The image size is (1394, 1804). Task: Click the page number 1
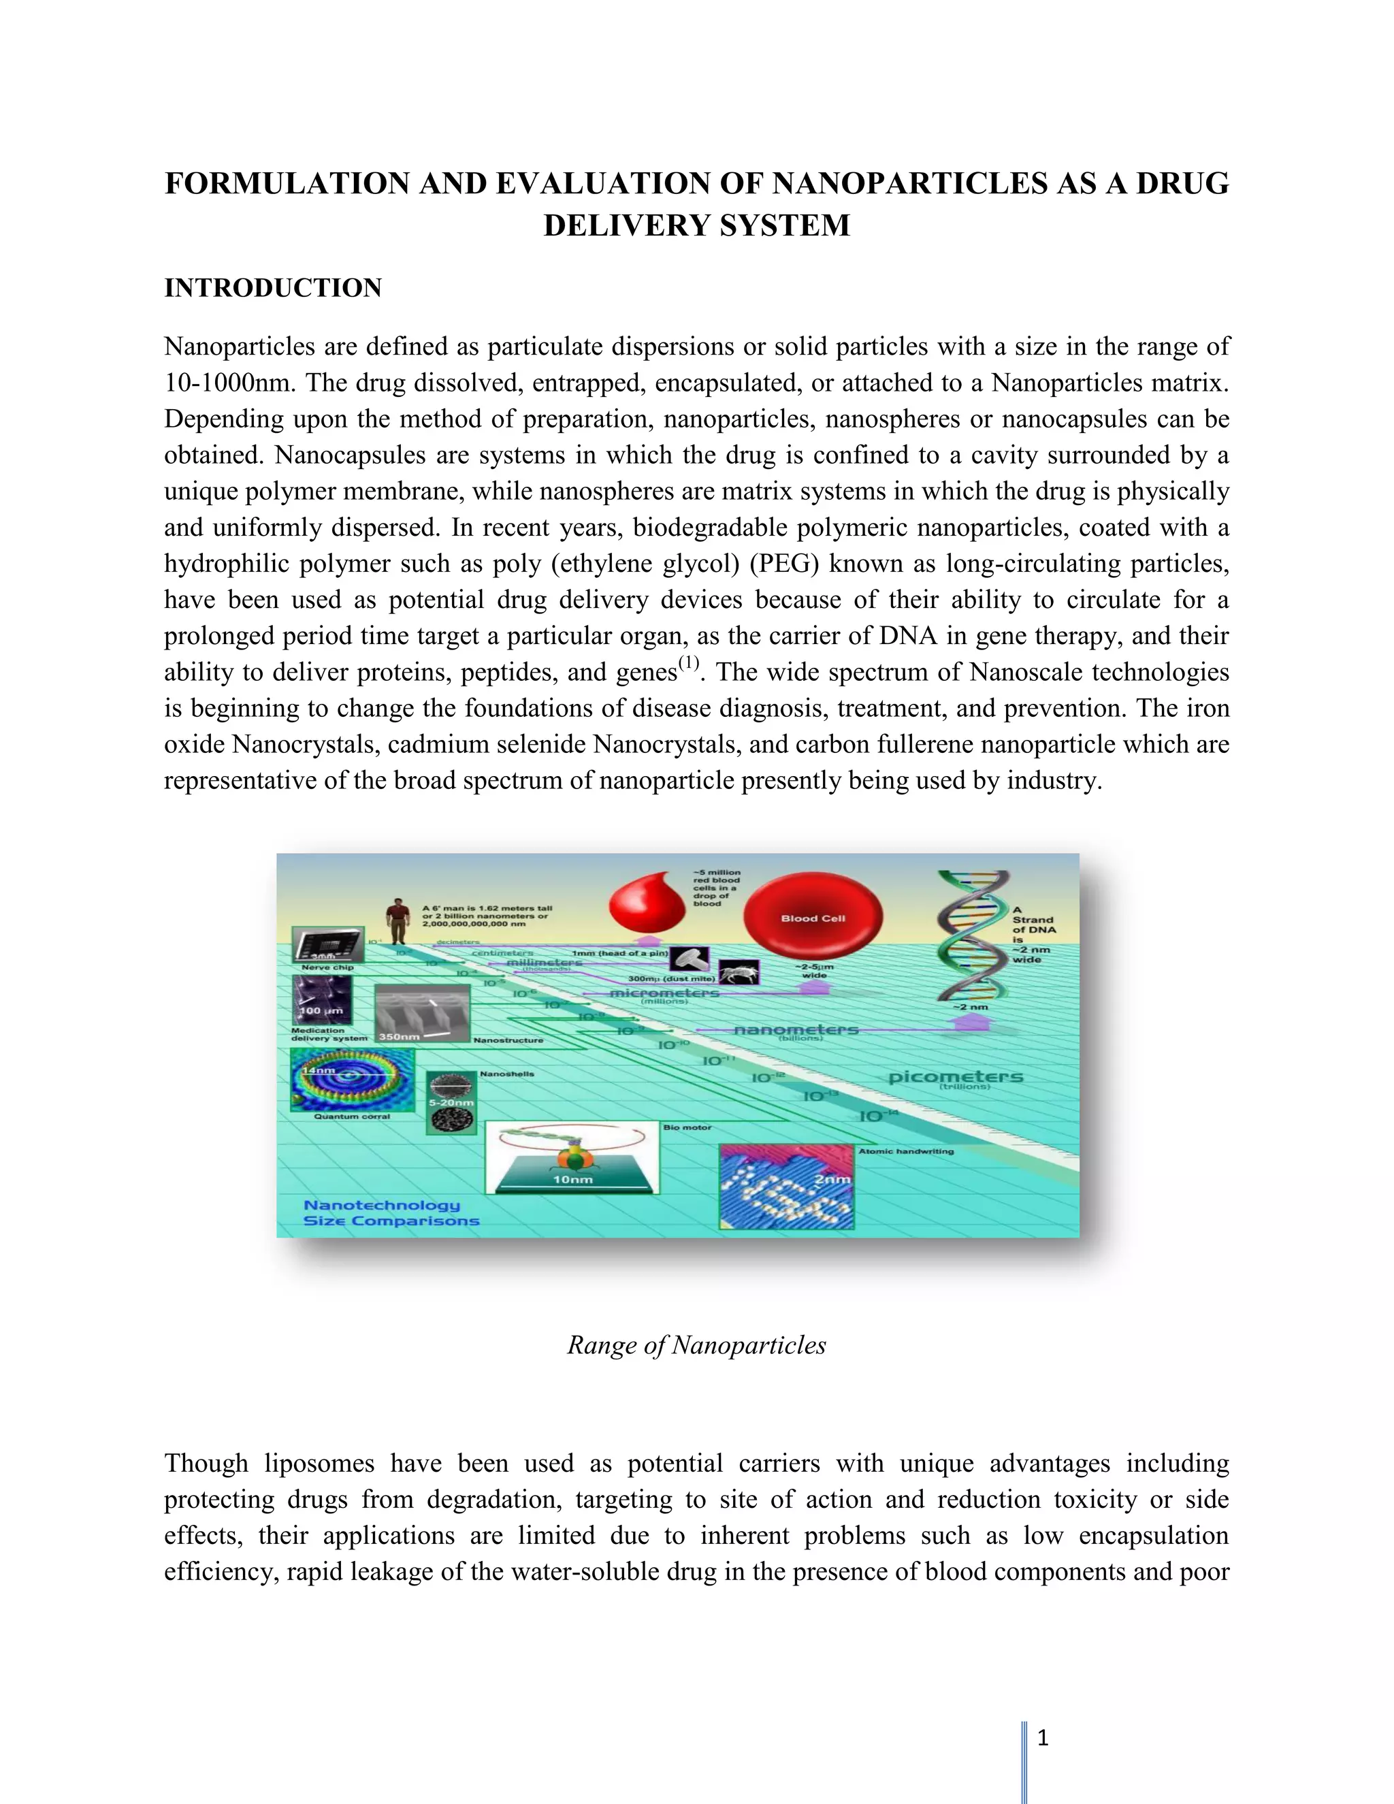(1042, 1738)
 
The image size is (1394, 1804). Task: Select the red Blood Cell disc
(813, 917)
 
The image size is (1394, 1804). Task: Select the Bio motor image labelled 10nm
(572, 1157)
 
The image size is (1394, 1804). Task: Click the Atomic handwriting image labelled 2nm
(785, 1187)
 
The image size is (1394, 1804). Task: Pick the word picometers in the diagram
(956, 1077)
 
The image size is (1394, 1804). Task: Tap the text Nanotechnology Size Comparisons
(390, 1212)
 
